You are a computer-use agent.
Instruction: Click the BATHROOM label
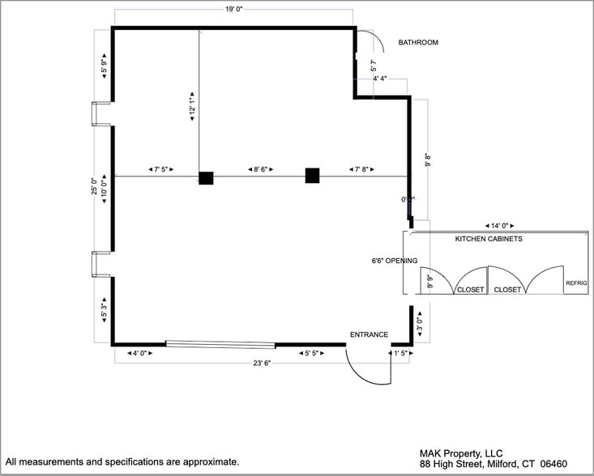(418, 43)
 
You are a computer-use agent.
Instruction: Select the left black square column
(206, 177)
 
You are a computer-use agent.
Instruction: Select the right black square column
(312, 175)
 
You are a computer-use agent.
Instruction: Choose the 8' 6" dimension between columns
(259, 169)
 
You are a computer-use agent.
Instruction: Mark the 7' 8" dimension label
(361, 169)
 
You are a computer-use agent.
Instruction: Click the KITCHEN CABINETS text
(489, 240)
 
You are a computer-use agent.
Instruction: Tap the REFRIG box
(576, 283)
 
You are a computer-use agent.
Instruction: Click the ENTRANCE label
(369, 334)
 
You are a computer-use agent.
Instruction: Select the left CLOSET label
(470, 290)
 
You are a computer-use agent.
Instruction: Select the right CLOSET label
(508, 290)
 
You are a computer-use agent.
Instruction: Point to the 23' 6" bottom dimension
(261, 363)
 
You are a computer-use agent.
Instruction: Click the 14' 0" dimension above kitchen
(498, 226)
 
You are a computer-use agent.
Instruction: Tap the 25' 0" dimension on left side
(94, 187)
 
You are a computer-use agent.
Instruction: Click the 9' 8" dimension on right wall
(429, 161)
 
